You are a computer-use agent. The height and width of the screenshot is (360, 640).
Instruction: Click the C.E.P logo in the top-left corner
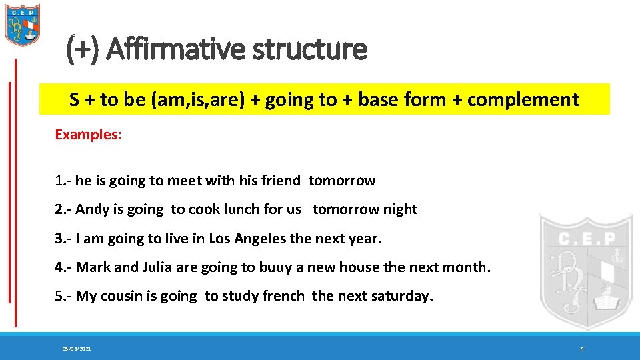coord(23,25)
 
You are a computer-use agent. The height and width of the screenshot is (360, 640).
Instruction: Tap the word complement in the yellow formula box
coord(523,100)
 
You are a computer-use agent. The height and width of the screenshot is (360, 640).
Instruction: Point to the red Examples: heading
coord(88,134)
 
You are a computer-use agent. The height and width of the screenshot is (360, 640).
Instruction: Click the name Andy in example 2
coord(92,209)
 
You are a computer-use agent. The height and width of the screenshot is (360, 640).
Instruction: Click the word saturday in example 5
coord(401,296)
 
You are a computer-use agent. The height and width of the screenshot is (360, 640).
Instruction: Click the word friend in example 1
coord(281,181)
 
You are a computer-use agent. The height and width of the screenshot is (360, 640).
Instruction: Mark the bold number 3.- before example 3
coord(63,238)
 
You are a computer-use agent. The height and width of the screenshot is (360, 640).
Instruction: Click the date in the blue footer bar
coord(77,349)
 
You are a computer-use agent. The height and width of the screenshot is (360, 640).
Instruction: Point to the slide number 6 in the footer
coord(582,349)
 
